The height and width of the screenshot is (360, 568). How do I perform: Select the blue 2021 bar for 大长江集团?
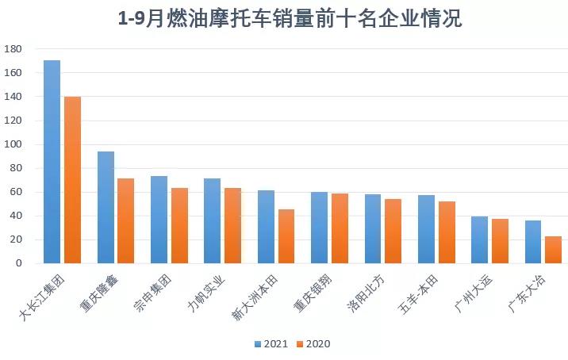click(52, 162)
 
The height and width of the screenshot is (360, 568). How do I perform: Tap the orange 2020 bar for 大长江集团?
click(72, 180)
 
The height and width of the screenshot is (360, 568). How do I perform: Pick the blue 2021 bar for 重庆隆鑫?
click(106, 207)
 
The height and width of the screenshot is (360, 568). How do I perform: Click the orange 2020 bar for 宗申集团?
click(179, 225)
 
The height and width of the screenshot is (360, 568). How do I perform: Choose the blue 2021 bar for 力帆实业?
click(212, 220)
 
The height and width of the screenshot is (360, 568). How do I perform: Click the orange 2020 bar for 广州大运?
click(500, 241)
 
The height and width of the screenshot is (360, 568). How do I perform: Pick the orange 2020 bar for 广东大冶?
click(553, 250)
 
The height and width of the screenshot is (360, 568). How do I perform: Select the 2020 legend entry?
click(312, 344)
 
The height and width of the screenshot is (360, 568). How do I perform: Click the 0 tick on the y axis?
click(17, 263)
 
